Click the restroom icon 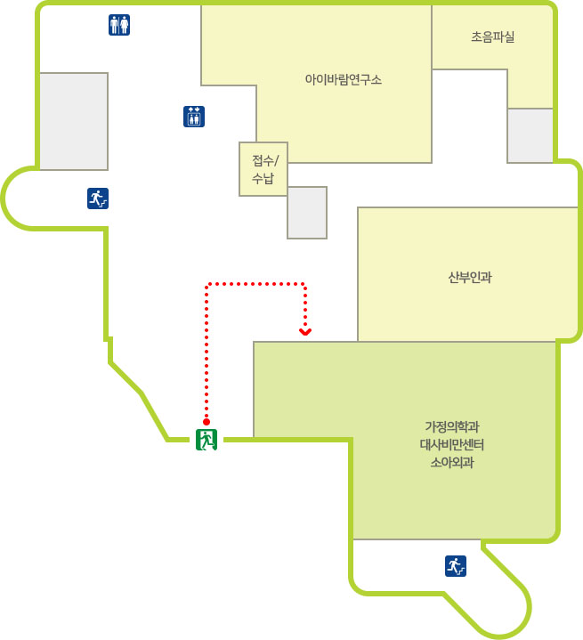pos(119,25)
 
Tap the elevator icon pos(194,117)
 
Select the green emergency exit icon pos(206,440)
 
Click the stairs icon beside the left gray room pos(98,198)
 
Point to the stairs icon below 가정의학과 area pos(456,566)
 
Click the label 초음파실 pos(493,37)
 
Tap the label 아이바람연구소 pos(344,79)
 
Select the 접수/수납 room pos(263,169)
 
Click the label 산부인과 pos(470,278)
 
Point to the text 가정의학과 pos(452,427)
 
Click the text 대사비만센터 pos(452,444)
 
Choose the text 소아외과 pos(452,463)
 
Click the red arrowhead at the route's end pos(305,332)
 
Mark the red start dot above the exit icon pos(206,422)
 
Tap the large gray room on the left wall pos(74,121)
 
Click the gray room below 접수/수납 pos(307,213)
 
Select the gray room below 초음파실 pos(530,135)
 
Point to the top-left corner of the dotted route pos(206,284)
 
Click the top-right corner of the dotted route pos(305,284)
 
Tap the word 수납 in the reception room pos(263,178)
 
